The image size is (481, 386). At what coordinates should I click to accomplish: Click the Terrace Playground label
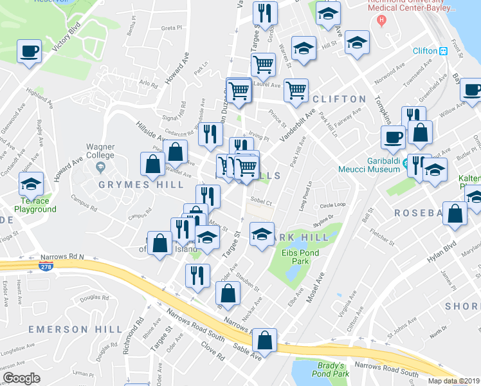click(x=32, y=205)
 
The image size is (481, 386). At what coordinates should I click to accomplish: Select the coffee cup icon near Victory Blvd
click(x=30, y=51)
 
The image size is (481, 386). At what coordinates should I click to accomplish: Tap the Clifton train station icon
click(x=443, y=51)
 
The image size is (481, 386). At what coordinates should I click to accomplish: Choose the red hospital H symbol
click(x=382, y=19)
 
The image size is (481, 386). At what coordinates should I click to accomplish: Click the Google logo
click(x=22, y=378)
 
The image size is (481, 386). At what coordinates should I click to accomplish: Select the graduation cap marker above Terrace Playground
click(x=31, y=184)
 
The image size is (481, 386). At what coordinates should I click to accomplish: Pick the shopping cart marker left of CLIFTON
click(x=296, y=90)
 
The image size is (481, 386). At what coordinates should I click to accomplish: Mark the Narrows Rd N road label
click(x=64, y=257)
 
